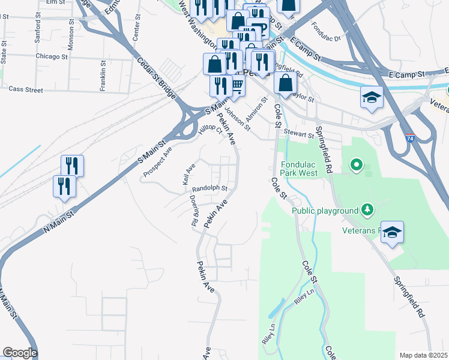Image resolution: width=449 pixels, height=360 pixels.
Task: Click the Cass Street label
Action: click(x=26, y=89)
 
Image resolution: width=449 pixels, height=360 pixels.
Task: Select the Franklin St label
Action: click(x=103, y=71)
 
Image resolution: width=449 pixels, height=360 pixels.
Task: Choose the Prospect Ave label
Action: click(x=157, y=163)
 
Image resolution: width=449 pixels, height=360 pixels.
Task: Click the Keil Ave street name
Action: click(x=189, y=174)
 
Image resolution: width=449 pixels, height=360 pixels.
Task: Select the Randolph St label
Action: click(x=209, y=188)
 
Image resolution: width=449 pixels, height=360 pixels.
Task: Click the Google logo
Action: click(x=19, y=353)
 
